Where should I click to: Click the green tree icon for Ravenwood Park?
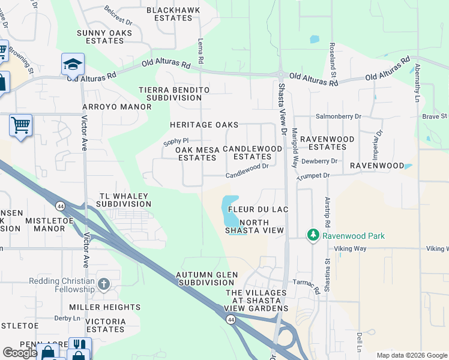pyautogui.click(x=313, y=235)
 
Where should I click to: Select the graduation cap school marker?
pyautogui.click(x=73, y=64)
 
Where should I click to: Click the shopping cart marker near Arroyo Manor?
pyautogui.click(x=20, y=125)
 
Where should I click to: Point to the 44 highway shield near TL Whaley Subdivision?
pyautogui.click(x=60, y=206)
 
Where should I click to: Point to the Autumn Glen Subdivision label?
pyautogui.click(x=207, y=279)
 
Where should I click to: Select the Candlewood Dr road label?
pyautogui.click(x=247, y=175)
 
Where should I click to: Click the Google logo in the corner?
pyautogui.click(x=20, y=353)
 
